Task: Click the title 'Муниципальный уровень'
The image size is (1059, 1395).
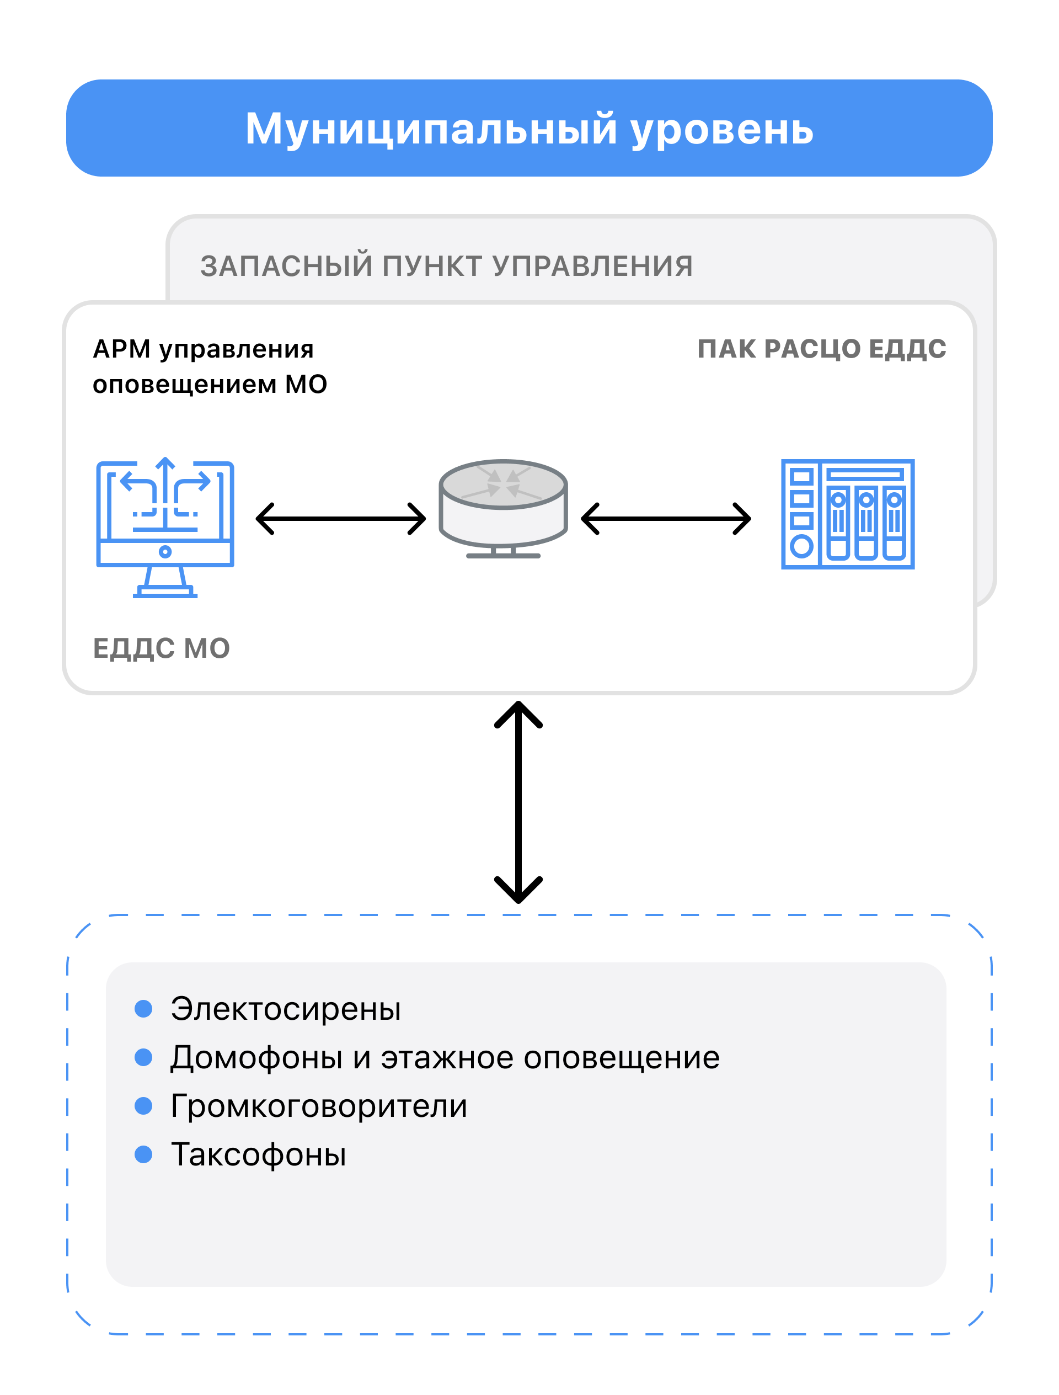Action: pyautogui.click(x=529, y=129)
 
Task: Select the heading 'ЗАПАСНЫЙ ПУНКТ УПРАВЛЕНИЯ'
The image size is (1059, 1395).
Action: pyautogui.click(x=446, y=265)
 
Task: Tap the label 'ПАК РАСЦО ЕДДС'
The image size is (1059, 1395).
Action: pyautogui.click(x=821, y=349)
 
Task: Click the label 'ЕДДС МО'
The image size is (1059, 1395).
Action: pyautogui.click(x=162, y=648)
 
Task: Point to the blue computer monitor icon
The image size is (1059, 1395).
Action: pyautogui.click(x=165, y=527)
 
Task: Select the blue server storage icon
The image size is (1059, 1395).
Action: pyautogui.click(x=848, y=514)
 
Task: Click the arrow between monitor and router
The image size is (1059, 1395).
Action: pyautogui.click(x=340, y=518)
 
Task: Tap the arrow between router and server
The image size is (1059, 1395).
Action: pyautogui.click(x=666, y=518)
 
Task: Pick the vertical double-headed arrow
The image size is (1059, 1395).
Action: pyautogui.click(x=518, y=802)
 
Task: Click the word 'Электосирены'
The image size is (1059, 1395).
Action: pyautogui.click(x=286, y=1009)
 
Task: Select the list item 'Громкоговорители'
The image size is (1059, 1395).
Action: pyautogui.click(x=319, y=1107)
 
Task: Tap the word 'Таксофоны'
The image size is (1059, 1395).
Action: pyautogui.click(x=259, y=1155)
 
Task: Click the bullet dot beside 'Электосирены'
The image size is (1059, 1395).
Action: pyautogui.click(x=144, y=1008)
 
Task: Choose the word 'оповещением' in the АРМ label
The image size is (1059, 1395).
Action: pyautogui.click(x=185, y=385)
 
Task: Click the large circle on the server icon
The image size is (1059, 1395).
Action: pyautogui.click(x=801, y=546)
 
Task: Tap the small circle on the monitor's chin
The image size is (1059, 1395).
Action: pyautogui.click(x=165, y=552)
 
